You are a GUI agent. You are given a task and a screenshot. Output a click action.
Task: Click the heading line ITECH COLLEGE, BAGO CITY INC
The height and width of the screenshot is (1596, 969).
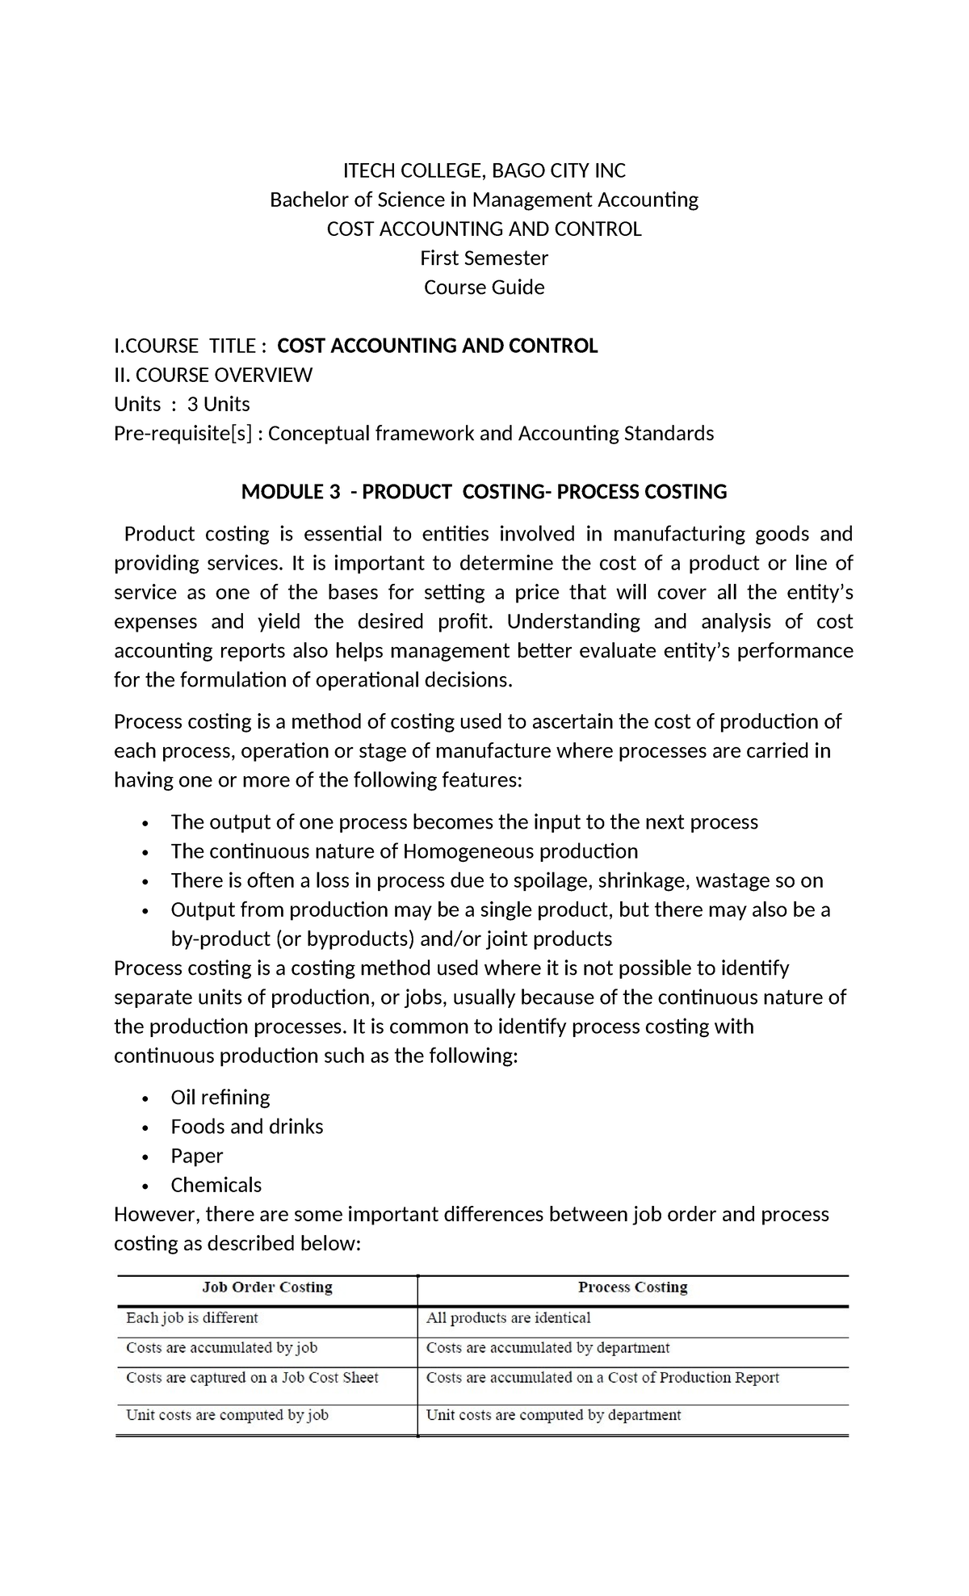point(484,170)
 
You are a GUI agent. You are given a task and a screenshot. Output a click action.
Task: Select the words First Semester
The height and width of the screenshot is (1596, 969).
point(484,258)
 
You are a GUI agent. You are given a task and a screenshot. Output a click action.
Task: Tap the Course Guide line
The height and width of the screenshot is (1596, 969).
point(484,288)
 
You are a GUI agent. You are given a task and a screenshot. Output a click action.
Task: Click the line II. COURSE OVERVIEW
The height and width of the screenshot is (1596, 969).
point(213,375)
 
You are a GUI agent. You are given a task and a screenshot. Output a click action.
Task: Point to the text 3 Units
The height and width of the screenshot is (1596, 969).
point(218,404)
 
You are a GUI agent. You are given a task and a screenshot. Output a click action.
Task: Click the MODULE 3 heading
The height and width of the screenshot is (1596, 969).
point(484,492)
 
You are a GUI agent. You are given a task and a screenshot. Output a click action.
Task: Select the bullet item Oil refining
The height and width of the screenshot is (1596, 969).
point(220,1097)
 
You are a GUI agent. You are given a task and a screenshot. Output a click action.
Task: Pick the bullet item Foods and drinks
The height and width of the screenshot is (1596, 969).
point(246,1126)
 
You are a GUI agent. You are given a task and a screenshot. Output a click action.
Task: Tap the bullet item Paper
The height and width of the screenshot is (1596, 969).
point(196,1156)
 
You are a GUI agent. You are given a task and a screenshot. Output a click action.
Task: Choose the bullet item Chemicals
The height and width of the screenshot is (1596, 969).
point(216,1185)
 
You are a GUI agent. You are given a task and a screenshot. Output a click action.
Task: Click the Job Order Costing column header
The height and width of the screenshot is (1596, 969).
point(266,1287)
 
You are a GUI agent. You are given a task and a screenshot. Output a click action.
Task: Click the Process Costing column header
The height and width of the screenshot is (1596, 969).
point(632,1287)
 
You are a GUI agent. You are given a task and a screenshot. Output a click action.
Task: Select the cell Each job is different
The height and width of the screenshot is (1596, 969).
point(191,1318)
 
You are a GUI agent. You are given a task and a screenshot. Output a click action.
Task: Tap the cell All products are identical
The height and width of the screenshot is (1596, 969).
point(508,1318)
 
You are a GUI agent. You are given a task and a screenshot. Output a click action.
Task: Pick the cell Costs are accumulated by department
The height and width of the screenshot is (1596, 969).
point(547,1348)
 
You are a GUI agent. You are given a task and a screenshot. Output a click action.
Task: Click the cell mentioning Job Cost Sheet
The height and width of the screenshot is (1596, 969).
point(252,1378)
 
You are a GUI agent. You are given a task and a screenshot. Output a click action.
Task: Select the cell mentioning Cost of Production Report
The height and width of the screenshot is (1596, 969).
point(602,1378)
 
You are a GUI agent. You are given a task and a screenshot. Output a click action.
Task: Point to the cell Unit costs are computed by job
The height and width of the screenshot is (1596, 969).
point(227,1415)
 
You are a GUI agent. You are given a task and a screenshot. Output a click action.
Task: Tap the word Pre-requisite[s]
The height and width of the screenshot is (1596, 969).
point(183,434)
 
